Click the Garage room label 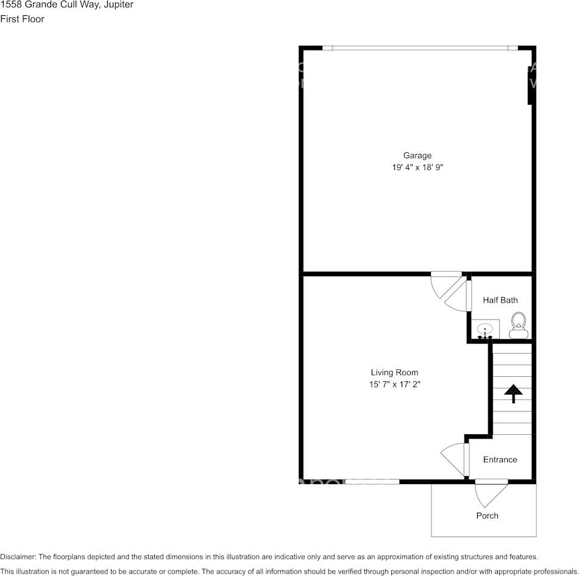click(x=417, y=155)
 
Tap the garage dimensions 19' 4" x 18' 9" click(x=417, y=167)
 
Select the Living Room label click(x=394, y=373)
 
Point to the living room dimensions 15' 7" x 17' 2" click(x=394, y=384)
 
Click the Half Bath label click(x=500, y=300)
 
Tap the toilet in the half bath click(x=518, y=326)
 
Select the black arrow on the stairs click(x=513, y=393)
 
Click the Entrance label click(x=500, y=460)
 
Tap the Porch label click(x=487, y=516)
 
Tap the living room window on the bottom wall click(x=372, y=482)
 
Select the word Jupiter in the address click(x=118, y=5)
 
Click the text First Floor click(x=23, y=19)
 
